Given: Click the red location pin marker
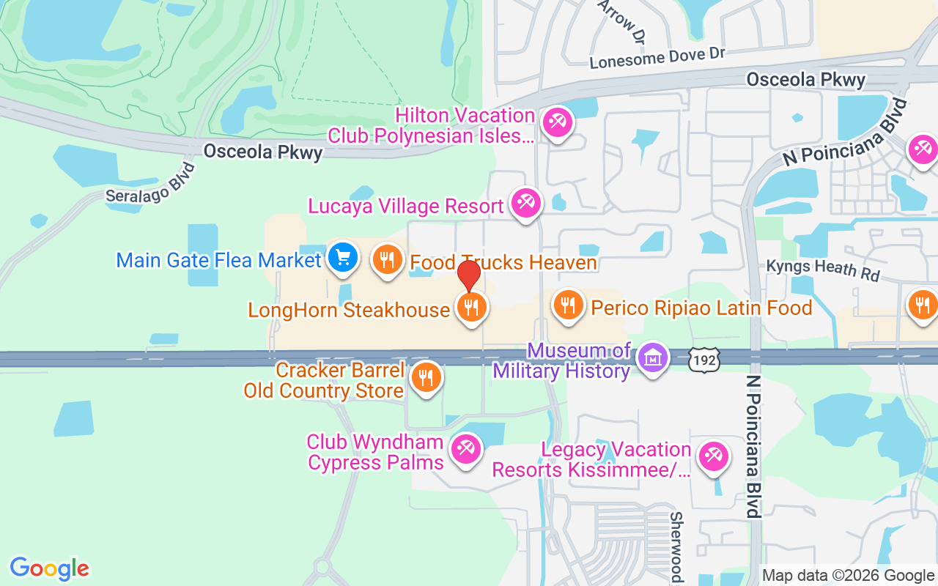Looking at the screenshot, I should (469, 276).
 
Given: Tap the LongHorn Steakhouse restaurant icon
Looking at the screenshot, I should (472, 308).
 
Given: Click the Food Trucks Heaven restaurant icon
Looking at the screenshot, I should (387, 259).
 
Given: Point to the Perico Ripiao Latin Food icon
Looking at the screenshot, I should (567, 305).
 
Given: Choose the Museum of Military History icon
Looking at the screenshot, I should (651, 359).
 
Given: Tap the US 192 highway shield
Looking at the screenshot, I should (704, 359).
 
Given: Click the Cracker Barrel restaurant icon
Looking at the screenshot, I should (426, 378).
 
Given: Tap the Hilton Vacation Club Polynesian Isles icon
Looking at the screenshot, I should (558, 122).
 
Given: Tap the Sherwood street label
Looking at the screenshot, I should (676, 546).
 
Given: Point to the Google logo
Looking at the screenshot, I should (50, 568).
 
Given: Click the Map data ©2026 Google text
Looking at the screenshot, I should (848, 576).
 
